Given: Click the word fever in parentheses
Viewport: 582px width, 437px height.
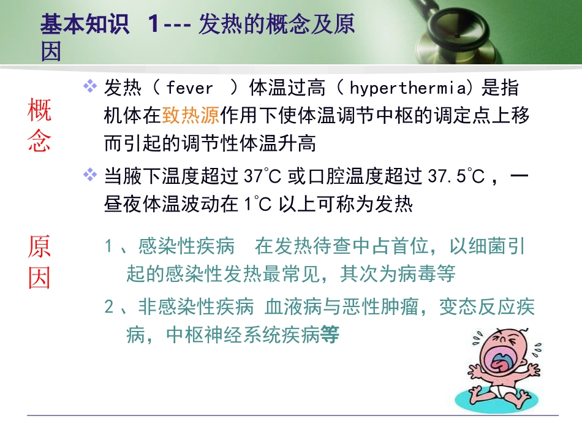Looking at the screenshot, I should [189, 89].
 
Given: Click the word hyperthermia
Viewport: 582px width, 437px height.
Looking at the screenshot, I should [407, 89].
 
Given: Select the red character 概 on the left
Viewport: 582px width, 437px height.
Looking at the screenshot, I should [39, 112].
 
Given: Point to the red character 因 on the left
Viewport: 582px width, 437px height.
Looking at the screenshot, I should [39, 279].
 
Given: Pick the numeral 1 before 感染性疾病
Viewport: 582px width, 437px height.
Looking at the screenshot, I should [108, 247].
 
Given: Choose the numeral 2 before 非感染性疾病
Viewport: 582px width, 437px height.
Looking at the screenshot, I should [108, 307].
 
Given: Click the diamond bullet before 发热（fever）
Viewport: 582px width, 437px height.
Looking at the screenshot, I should [91, 87].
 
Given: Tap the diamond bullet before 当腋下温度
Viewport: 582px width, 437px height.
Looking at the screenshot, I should [91, 177].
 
